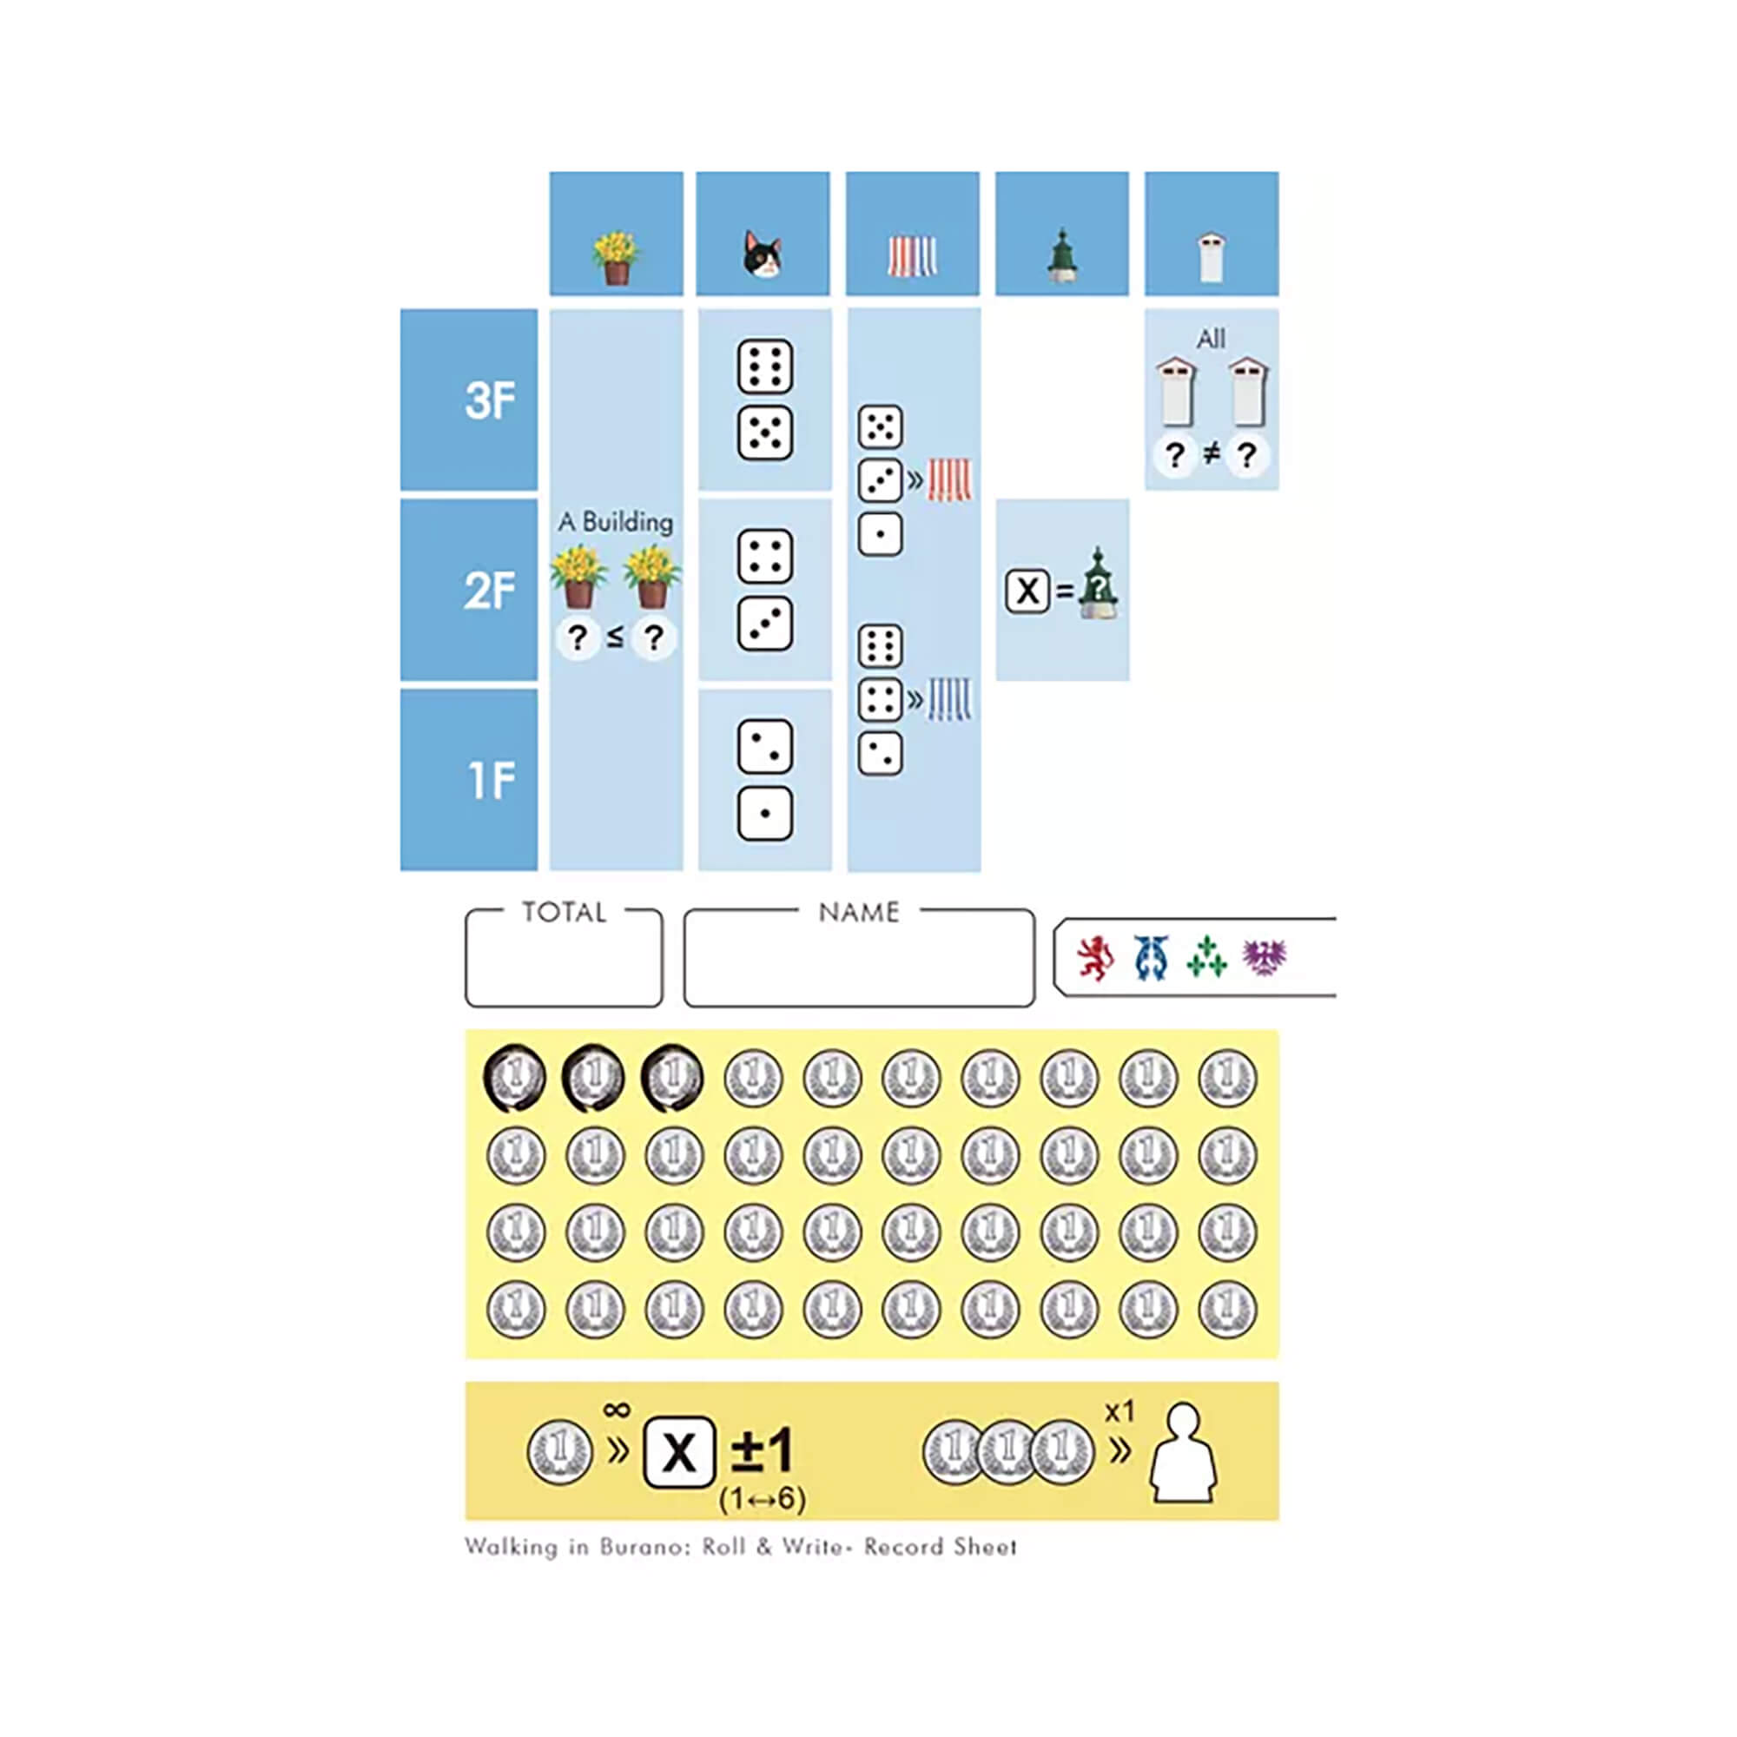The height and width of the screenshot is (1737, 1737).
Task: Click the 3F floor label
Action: (490, 400)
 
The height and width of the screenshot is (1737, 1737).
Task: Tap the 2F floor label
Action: (490, 591)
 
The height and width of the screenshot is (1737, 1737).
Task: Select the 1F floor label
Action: (492, 780)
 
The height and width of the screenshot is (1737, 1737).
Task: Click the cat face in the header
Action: (763, 254)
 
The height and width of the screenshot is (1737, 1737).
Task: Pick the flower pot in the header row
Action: (616, 258)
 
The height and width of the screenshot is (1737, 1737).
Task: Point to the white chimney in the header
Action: (1211, 257)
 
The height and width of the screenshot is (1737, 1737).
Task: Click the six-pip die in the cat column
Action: (764, 367)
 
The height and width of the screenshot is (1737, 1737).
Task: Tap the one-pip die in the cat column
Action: (764, 814)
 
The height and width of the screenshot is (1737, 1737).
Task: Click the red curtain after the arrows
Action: (949, 480)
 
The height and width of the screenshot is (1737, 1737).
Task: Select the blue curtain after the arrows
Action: (949, 698)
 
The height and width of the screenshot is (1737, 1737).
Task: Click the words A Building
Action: (616, 521)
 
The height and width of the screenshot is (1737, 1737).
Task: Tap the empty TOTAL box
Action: (564, 959)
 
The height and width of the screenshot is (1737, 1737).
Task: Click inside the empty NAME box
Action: (859, 959)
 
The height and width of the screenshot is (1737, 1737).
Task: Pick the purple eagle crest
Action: (1264, 957)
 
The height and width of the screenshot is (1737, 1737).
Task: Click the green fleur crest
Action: (1206, 956)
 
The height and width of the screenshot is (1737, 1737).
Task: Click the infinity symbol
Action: (617, 1409)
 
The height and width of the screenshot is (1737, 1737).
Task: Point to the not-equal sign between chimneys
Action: (1211, 454)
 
